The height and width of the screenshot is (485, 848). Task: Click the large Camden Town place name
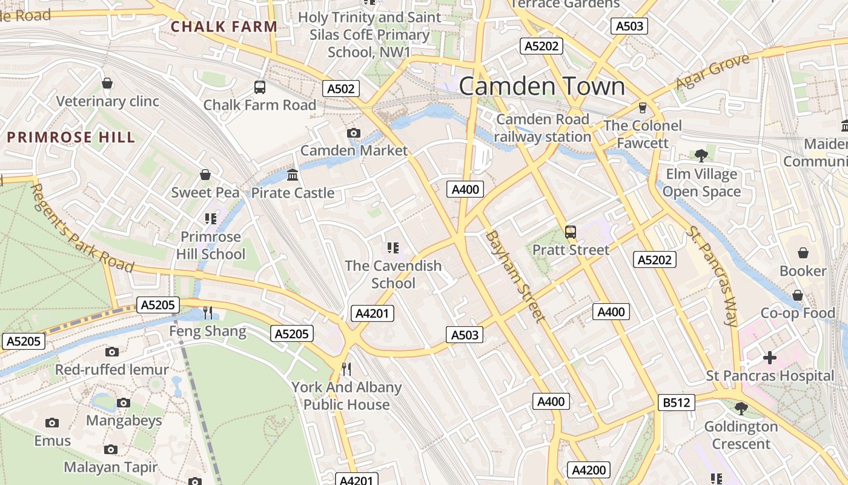pos(542,86)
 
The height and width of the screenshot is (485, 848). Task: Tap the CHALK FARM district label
pos(224,27)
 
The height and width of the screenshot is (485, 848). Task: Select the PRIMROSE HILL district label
pos(71,137)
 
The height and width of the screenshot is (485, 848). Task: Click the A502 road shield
pos(340,89)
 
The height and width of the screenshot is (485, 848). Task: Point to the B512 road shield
pos(676,402)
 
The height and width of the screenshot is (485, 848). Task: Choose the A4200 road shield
pos(588,470)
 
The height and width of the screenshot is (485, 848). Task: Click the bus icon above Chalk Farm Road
pos(260,87)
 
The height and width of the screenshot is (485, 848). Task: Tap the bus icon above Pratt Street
pos(570,232)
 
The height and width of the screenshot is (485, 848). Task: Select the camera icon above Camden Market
pos(354,133)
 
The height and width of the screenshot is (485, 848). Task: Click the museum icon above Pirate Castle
pos(293,175)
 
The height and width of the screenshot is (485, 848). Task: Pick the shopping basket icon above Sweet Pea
pos(205,175)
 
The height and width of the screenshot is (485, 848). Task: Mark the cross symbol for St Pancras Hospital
pos(770,358)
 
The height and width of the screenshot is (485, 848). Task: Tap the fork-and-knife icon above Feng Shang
pos(208,313)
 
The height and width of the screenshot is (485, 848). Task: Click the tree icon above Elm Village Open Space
pos(702,156)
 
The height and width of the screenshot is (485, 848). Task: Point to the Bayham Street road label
pos(514,276)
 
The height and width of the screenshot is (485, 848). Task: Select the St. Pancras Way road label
pos(712,276)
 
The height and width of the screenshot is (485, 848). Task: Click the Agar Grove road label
pos(713,72)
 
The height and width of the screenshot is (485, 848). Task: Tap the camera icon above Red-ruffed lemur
pos(112,352)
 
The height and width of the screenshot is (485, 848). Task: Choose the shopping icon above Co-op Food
pos(798,295)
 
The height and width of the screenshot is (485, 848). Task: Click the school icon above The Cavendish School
pos(393,248)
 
